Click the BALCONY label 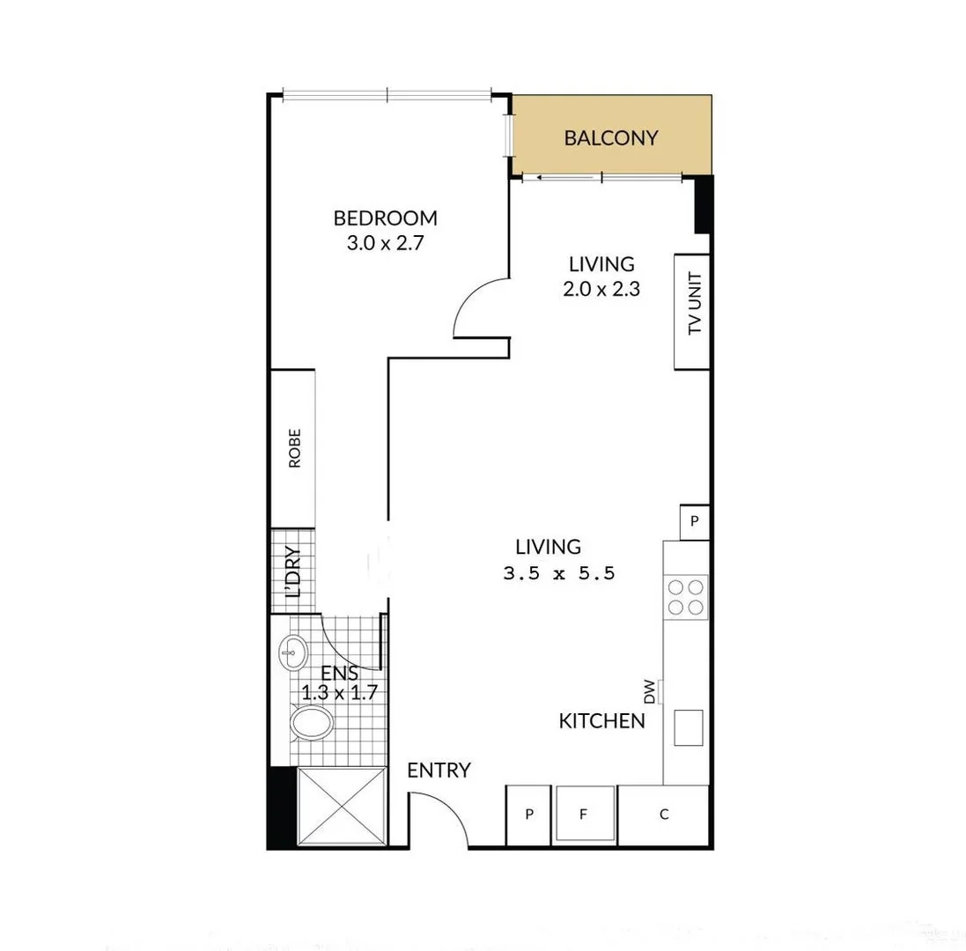[x=611, y=137]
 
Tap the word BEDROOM [x=385, y=218]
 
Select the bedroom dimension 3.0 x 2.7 [x=386, y=244]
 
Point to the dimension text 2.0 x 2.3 [x=601, y=288]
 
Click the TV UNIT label [x=695, y=312]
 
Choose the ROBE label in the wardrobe [x=294, y=447]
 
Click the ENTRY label [x=439, y=770]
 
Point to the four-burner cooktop [x=686, y=596]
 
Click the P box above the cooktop [x=694, y=521]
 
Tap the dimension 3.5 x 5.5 [x=557, y=573]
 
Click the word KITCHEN [x=602, y=721]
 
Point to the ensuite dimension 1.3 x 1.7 [x=339, y=692]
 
